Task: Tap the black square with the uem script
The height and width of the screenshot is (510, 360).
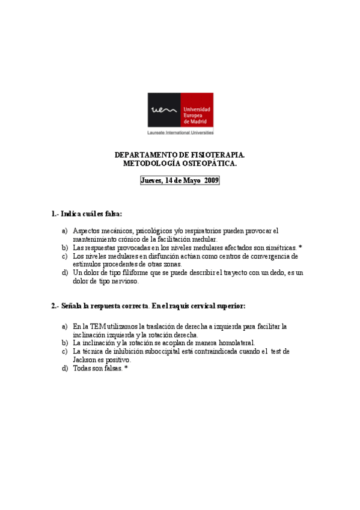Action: point(163,111)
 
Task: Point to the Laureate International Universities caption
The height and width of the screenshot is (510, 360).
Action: point(180,132)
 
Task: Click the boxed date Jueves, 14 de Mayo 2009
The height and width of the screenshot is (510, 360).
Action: point(180,180)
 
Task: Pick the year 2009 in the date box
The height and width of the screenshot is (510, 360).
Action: point(211,180)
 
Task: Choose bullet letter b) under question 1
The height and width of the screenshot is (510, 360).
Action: point(65,248)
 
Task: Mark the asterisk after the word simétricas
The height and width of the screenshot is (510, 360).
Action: point(300,247)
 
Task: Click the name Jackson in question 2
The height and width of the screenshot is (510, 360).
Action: point(85,360)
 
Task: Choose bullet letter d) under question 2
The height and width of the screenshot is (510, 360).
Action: point(65,368)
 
